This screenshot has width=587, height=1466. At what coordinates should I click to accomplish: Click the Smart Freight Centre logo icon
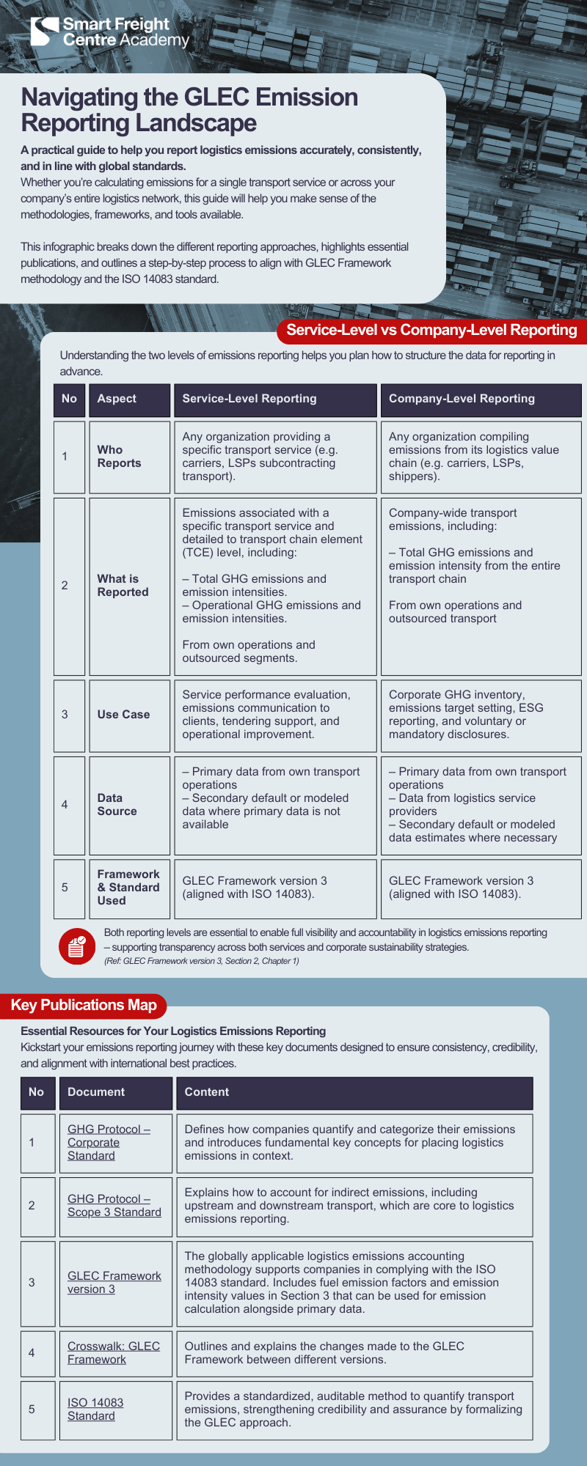click(x=44, y=32)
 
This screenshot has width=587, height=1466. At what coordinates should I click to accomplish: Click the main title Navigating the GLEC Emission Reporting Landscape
click(x=189, y=110)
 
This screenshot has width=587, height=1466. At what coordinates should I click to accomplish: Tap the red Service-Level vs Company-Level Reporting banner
click(x=431, y=330)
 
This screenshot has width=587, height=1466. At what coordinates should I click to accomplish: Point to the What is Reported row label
click(x=123, y=586)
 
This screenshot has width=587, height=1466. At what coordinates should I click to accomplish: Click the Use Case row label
click(x=123, y=715)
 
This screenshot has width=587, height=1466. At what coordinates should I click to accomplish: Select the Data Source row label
click(x=117, y=805)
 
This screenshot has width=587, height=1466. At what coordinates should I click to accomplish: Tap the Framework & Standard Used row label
click(x=128, y=888)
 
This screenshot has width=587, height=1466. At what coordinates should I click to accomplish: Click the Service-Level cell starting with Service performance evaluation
click(x=274, y=715)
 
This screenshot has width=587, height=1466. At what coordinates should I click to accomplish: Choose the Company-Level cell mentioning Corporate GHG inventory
click(x=480, y=715)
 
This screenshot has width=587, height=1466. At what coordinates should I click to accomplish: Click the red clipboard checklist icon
click(x=77, y=946)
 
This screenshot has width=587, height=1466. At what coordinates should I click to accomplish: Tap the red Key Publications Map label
click(x=84, y=1005)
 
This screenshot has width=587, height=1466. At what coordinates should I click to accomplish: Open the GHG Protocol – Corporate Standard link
click(x=108, y=1143)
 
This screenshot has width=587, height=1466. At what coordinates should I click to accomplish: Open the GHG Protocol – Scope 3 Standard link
click(x=114, y=1206)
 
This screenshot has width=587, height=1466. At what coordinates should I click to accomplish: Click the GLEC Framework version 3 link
click(x=114, y=1283)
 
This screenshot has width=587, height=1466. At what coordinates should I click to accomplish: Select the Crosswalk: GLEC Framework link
click(x=113, y=1353)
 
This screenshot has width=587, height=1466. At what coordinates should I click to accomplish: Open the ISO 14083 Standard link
click(x=95, y=1410)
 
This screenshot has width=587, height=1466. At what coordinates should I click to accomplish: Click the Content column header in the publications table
click(x=207, y=1092)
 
